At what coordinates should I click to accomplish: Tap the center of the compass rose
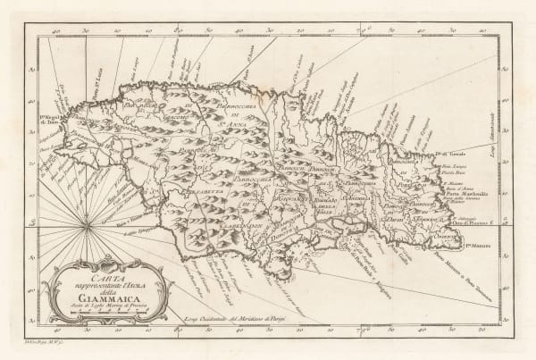click(87, 227)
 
